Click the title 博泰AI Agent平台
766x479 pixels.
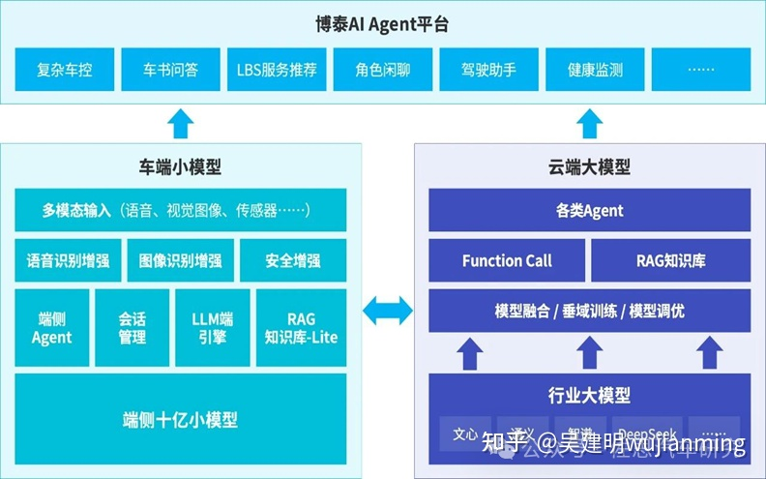[x=383, y=24]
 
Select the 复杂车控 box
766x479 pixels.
[x=65, y=71]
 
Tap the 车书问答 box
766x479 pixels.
[x=170, y=71]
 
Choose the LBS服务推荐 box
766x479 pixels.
[x=277, y=71]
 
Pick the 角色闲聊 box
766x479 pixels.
[x=382, y=71]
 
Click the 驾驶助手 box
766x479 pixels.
[x=488, y=71]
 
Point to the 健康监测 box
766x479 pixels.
[x=595, y=71]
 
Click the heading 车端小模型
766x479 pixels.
[x=181, y=166]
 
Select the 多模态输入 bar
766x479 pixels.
[x=182, y=210]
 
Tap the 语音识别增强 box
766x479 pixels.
[x=68, y=260]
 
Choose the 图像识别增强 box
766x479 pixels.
[x=180, y=260]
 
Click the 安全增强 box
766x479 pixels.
[x=293, y=260]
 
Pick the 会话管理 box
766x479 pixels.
[x=132, y=328]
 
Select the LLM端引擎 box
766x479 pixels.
[x=212, y=328]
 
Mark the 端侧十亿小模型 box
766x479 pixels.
[x=182, y=419]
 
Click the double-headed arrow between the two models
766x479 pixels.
[x=387, y=311]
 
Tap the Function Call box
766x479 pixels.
[x=507, y=260]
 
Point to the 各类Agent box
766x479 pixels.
[x=590, y=210]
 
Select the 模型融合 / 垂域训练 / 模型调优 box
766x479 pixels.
[x=590, y=312]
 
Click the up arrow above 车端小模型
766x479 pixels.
[x=180, y=123]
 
